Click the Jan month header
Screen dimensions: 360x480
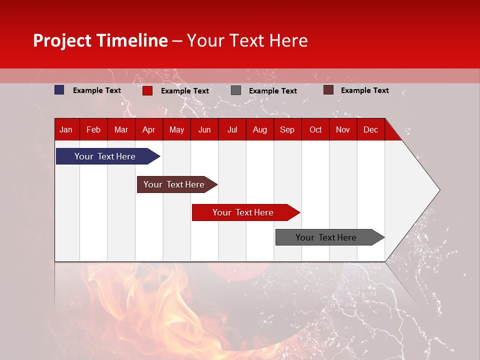tap(66, 129)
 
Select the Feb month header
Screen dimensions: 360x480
tap(93, 129)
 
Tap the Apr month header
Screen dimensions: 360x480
tap(148, 129)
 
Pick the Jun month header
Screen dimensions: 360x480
tap(204, 129)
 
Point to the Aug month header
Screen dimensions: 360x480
tap(259, 129)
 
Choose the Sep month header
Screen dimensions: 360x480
tap(287, 129)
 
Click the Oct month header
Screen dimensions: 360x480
tap(315, 129)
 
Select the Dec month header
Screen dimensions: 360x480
tap(370, 129)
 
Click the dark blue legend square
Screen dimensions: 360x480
tap(59, 90)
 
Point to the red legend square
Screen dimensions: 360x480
tap(147, 90)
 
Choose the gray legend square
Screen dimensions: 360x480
tap(236, 90)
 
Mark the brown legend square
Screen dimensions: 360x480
tap(328, 90)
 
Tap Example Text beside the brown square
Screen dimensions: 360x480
tap(364, 90)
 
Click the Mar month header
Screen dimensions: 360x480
tap(121, 129)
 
